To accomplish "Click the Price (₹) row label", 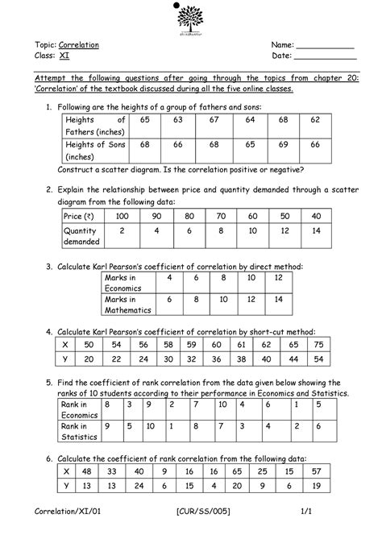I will coord(81,218).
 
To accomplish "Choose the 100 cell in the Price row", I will coord(122,218).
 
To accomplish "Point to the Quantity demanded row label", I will coord(81,236).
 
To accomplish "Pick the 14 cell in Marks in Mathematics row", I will coord(279,299).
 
